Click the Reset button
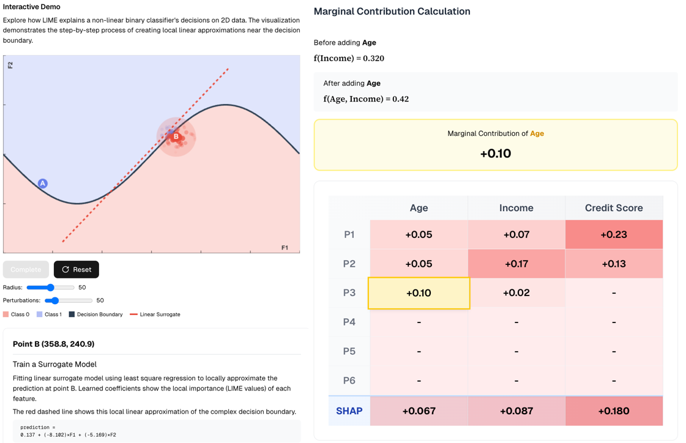pos(76,269)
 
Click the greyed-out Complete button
pos(26,269)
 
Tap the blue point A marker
pos(43,183)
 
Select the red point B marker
pos(176,136)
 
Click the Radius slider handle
pos(51,287)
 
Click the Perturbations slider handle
pos(55,300)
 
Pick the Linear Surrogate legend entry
pos(155,315)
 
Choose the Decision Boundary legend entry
pos(95,315)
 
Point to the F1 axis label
pos(285,247)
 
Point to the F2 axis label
pos(10,65)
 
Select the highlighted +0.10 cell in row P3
pos(419,293)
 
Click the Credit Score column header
pos(613,208)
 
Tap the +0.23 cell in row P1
pos(613,234)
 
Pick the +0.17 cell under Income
pos(516,264)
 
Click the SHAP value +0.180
pos(613,411)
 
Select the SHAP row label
pos(349,411)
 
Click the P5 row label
pos(349,351)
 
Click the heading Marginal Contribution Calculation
pos(392,12)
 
